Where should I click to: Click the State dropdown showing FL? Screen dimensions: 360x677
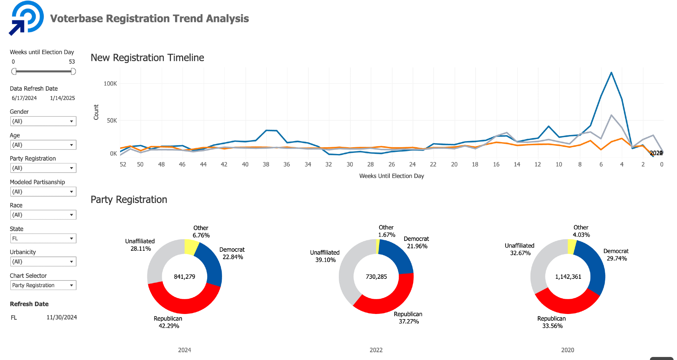pyautogui.click(x=43, y=238)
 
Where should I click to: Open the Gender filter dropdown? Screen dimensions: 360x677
pyautogui.click(x=43, y=121)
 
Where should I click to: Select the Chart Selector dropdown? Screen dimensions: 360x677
pyautogui.click(x=43, y=285)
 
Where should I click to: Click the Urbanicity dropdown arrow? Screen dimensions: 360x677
pyautogui.click(x=71, y=262)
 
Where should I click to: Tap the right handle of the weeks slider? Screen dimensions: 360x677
pyautogui.click(x=73, y=71)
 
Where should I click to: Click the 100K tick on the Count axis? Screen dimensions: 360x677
pyautogui.click(x=110, y=84)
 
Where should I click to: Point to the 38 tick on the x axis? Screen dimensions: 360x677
pyautogui.click(x=266, y=164)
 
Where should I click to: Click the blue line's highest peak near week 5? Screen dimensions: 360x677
pyautogui.click(x=611, y=72)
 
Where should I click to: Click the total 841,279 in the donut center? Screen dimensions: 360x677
pyautogui.click(x=184, y=277)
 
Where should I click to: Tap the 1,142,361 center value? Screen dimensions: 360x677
pyautogui.click(x=568, y=277)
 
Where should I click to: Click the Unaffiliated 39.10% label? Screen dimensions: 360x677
pyautogui.click(x=325, y=256)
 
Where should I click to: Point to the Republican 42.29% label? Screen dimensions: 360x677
pyautogui.click(x=168, y=322)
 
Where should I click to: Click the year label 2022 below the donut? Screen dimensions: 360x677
pyautogui.click(x=376, y=350)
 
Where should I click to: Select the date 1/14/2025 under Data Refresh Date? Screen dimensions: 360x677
pyautogui.click(x=62, y=98)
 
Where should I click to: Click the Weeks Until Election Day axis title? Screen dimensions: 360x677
pyautogui.click(x=392, y=176)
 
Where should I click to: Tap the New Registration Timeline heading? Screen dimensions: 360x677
pyautogui.click(x=147, y=58)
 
